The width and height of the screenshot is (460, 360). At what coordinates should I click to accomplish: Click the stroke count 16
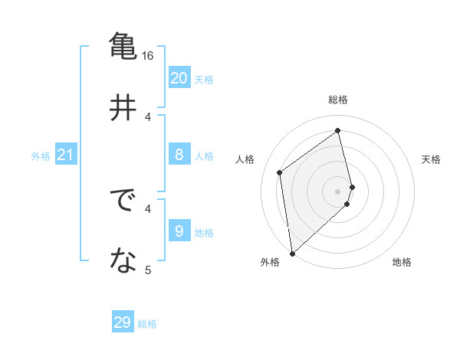148,56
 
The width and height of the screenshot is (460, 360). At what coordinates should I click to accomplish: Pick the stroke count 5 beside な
148,270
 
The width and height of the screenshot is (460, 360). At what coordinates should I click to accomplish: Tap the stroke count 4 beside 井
149,116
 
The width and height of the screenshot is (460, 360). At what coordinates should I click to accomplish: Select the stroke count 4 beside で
149,208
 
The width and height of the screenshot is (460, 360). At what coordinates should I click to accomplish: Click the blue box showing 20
179,78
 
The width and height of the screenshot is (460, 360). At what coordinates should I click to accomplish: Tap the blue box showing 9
179,231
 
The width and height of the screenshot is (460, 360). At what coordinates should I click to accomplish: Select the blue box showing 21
65,155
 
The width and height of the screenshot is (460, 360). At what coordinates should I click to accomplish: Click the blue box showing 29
123,322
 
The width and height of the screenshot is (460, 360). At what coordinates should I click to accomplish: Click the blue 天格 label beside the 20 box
204,80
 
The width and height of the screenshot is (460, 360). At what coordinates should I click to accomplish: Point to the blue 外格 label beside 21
41,156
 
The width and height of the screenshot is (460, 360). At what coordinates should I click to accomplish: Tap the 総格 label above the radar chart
338,100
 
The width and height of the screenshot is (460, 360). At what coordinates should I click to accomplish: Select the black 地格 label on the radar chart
402,263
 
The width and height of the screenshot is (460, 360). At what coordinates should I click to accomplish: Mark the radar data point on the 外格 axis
292,253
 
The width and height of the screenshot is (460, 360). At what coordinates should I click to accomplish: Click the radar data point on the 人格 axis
280,172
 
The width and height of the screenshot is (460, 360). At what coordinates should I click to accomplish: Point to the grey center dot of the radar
338,190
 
